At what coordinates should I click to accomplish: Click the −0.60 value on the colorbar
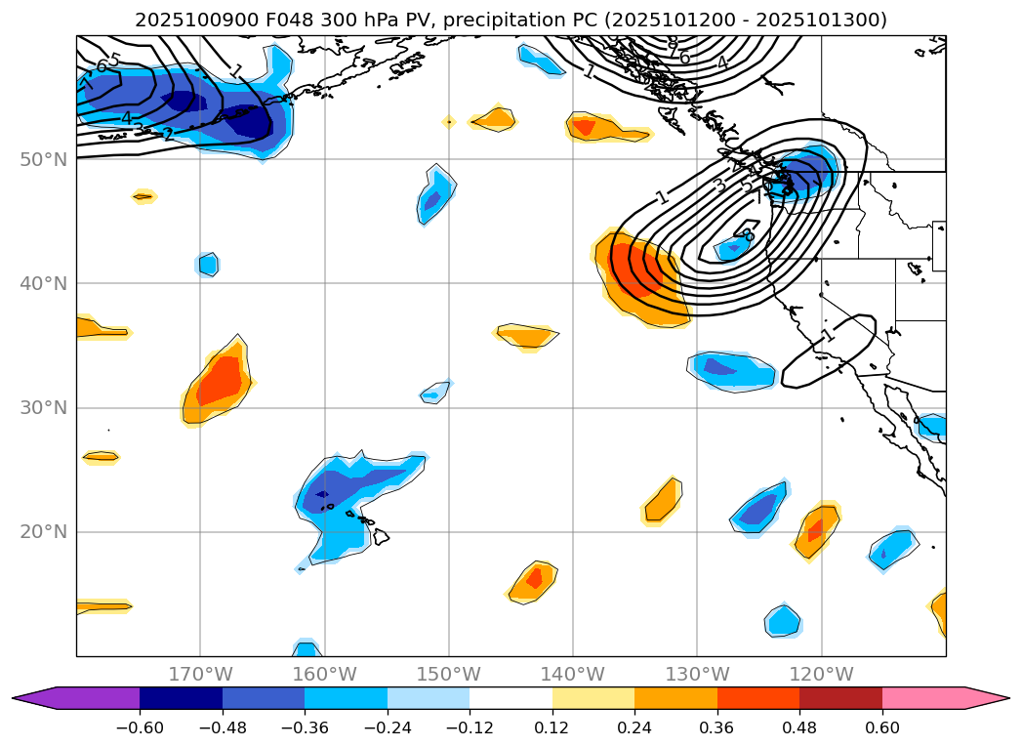tap(140, 726)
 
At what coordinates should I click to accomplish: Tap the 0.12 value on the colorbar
tap(552, 726)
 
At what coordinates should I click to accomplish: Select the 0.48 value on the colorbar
tap(799, 726)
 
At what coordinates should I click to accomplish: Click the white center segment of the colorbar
tap(511, 698)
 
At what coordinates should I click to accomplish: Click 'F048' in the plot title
tap(256, 20)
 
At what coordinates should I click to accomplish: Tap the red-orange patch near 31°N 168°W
tap(221, 381)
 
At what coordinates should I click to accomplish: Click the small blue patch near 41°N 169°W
tap(208, 264)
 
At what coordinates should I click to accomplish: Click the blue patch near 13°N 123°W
tap(783, 620)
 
